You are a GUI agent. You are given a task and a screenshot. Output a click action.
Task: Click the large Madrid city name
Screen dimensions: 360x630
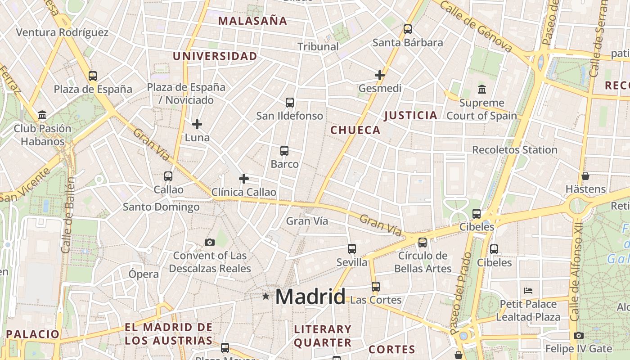[310, 297]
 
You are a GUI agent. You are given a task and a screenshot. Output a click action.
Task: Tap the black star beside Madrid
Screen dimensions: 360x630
[266, 296]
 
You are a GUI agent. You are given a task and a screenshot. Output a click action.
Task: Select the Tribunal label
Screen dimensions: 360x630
[318, 46]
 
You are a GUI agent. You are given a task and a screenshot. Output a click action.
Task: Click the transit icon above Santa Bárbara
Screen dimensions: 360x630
[408, 29]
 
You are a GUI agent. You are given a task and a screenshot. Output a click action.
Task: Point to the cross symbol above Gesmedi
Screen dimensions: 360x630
[380, 75]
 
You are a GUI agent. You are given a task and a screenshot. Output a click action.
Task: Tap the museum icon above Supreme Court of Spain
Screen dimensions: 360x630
[482, 89]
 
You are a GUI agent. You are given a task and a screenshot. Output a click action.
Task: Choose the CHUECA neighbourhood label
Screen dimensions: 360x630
[355, 130]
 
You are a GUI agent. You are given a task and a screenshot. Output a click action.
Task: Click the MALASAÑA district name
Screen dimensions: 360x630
[252, 21]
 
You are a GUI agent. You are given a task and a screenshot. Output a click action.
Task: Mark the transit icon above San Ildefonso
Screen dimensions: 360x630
[290, 103]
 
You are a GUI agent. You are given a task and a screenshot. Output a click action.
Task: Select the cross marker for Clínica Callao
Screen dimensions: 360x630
[244, 179]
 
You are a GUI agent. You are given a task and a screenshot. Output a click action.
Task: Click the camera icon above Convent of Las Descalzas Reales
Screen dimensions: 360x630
[209, 243]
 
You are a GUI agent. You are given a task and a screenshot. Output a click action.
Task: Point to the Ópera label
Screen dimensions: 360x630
[144, 274]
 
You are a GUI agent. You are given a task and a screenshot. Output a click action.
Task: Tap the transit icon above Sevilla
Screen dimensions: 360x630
[352, 249]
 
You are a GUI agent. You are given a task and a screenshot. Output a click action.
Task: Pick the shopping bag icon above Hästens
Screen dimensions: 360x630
[585, 175]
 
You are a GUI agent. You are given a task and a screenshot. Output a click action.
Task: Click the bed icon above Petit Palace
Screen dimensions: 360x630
[528, 291]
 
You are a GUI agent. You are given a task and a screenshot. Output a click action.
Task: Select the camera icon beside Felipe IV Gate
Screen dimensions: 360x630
[579, 335]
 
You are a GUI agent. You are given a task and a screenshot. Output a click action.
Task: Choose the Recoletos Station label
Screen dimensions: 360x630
[514, 150]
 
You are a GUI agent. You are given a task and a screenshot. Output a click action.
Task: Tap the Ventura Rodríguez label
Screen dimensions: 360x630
[62, 32]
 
